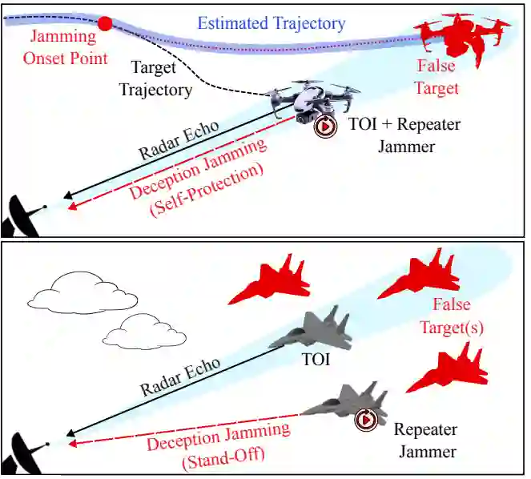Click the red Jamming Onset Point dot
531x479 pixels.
tap(104, 24)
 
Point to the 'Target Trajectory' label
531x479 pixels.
tap(156, 79)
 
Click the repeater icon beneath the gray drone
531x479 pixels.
tap(324, 127)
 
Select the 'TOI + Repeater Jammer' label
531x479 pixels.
tap(405, 136)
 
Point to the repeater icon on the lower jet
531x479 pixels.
tap(366, 417)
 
